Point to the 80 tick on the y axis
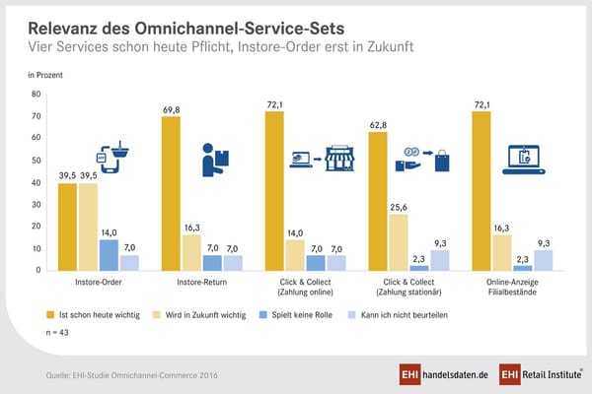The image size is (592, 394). pyautogui.click(x=36, y=95)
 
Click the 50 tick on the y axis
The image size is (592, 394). pyautogui.click(x=36, y=161)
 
